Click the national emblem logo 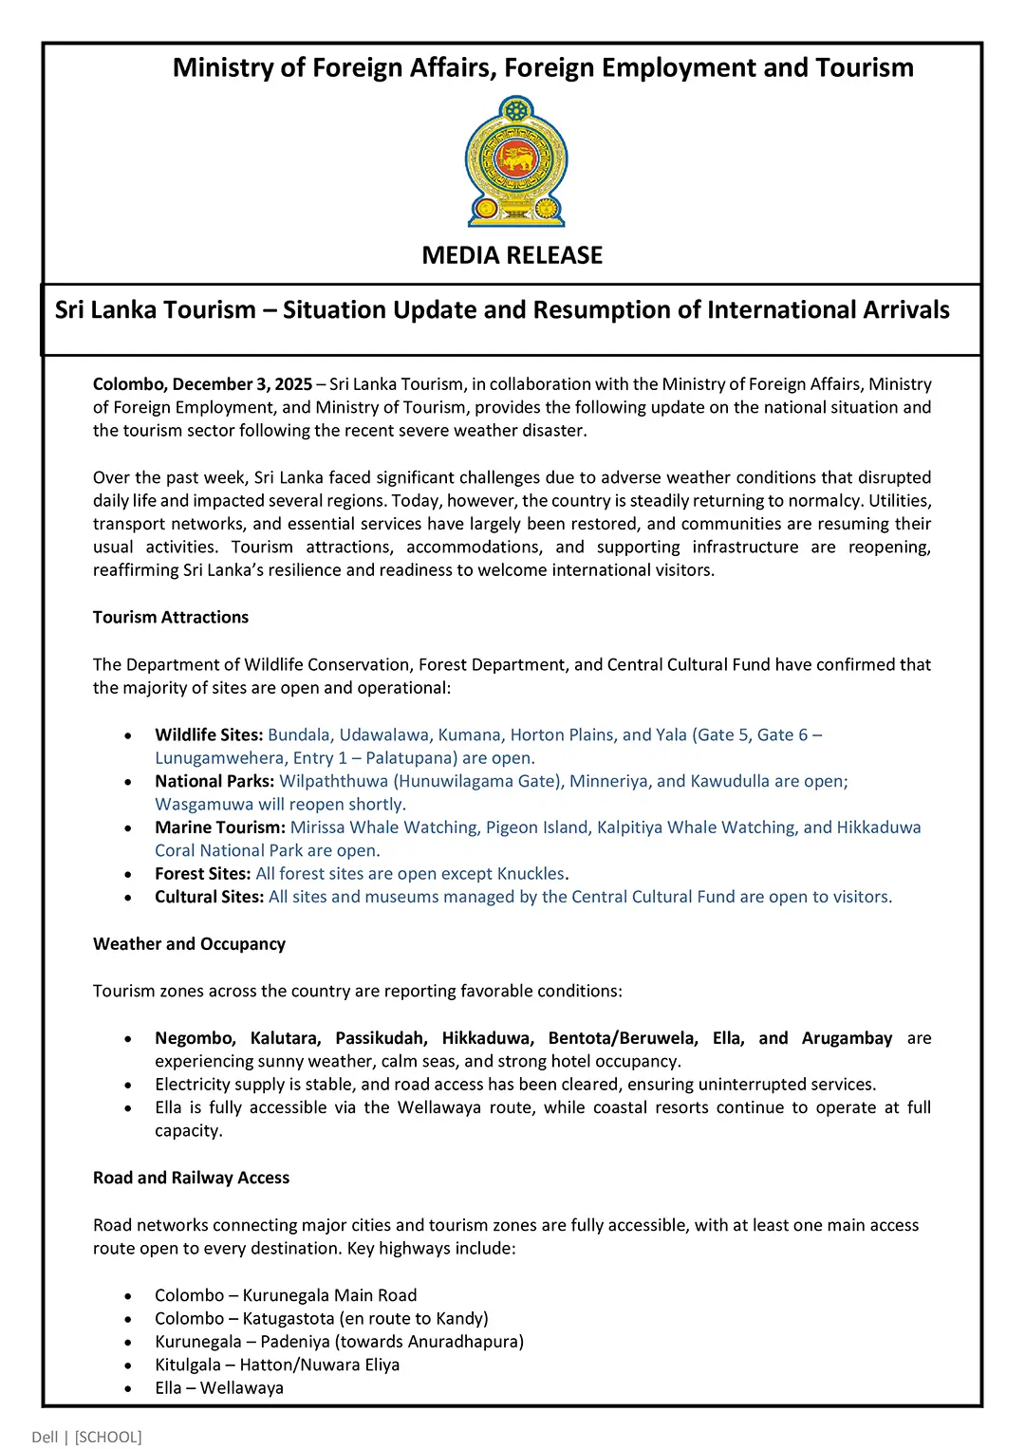click(516, 161)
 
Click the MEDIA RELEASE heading click(512, 255)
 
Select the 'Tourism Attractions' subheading click(171, 618)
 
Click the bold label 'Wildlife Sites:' click(209, 735)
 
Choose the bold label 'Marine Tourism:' click(220, 827)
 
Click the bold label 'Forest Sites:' click(202, 874)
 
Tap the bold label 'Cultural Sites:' click(209, 897)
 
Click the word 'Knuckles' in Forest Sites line click(531, 874)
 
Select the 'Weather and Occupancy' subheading click(189, 944)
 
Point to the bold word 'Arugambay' click(847, 1038)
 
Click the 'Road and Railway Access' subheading click(191, 1178)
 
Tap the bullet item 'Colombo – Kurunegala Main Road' click(286, 1295)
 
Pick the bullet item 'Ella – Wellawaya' click(219, 1388)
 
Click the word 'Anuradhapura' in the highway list click(467, 1342)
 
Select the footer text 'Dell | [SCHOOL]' click(86, 1437)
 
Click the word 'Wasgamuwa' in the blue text click(204, 805)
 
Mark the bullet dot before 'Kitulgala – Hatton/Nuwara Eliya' click(128, 1365)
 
